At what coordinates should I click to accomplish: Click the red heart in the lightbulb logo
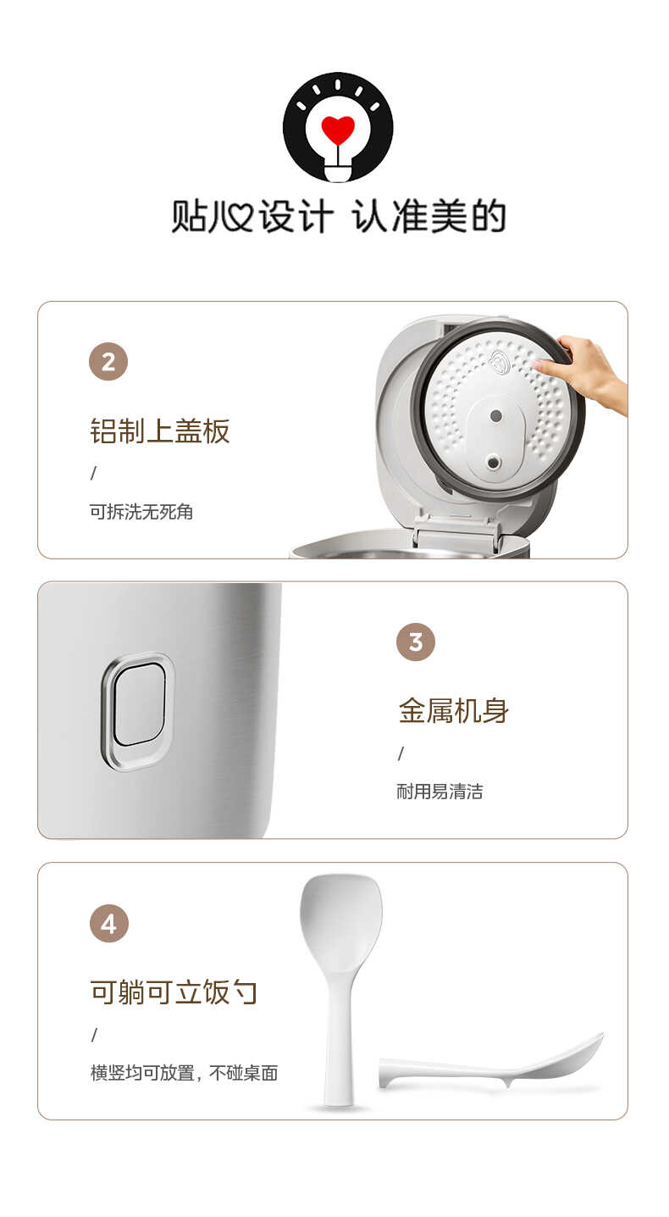point(338,130)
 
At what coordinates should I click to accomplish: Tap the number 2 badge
point(108,362)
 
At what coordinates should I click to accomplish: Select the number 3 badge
point(416,642)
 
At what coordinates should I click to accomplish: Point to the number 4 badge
point(109,924)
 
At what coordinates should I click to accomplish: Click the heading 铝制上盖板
point(160,431)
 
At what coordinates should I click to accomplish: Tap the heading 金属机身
point(454,710)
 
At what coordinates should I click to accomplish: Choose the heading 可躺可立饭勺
point(174,992)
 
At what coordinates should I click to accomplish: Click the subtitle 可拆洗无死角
point(141,512)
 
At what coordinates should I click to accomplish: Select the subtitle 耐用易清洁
point(440,792)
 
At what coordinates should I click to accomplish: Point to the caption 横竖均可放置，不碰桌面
point(185,1073)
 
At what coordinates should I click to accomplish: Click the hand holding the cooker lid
point(589,371)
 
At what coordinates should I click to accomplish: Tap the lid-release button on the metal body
point(139,710)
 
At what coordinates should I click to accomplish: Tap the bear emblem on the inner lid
point(500,362)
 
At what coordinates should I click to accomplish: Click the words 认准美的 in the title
point(429,218)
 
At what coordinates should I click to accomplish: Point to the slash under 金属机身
point(401,753)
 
